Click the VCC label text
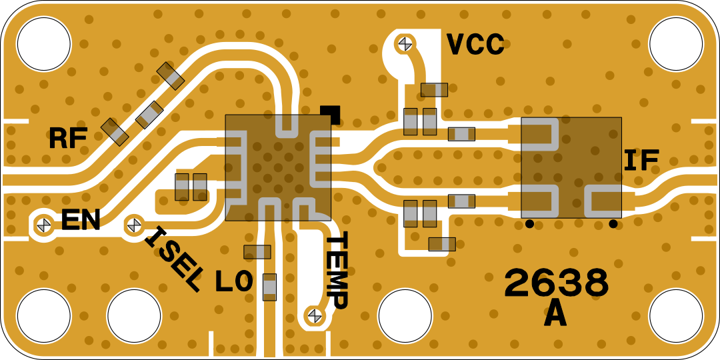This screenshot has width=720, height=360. [x=475, y=45]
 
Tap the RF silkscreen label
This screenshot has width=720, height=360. [x=68, y=139]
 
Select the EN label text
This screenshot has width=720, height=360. [x=81, y=220]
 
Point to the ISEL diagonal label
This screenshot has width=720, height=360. [x=173, y=259]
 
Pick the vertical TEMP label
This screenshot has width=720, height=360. [x=337, y=270]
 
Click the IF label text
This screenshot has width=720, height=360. [x=641, y=160]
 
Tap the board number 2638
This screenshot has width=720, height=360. [x=557, y=283]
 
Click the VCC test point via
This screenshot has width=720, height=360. [x=405, y=43]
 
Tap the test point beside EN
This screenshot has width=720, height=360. [x=44, y=225]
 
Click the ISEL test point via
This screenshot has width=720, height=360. [x=134, y=225]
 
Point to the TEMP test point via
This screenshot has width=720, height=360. [x=315, y=315]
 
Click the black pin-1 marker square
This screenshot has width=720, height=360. [x=330, y=115]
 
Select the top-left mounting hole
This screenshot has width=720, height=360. [x=44, y=43]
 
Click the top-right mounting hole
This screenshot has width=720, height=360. [x=676, y=43]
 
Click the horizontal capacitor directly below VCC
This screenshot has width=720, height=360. [x=434, y=90]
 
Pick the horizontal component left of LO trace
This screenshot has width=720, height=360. [x=257, y=252]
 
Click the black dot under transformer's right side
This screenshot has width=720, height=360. [x=613, y=224]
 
